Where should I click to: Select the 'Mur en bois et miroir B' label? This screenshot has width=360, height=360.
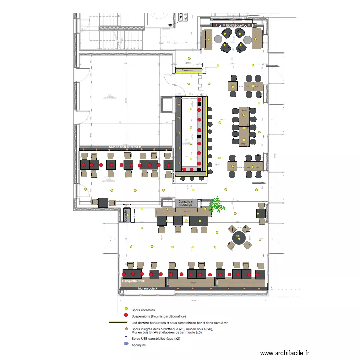[126, 147]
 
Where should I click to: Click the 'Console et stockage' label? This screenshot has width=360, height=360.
[185, 203]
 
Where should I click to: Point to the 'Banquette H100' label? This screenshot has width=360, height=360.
[134, 281]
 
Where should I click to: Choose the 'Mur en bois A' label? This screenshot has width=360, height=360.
[147, 288]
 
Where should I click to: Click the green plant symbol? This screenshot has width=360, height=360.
[217, 205]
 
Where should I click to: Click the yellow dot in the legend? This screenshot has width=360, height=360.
[126, 310]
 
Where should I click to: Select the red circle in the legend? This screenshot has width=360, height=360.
[126, 315]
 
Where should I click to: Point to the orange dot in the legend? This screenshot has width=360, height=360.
[126, 329]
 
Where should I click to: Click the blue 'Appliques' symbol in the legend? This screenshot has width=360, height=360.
[126, 344]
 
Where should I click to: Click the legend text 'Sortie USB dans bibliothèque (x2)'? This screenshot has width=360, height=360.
[156, 339]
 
